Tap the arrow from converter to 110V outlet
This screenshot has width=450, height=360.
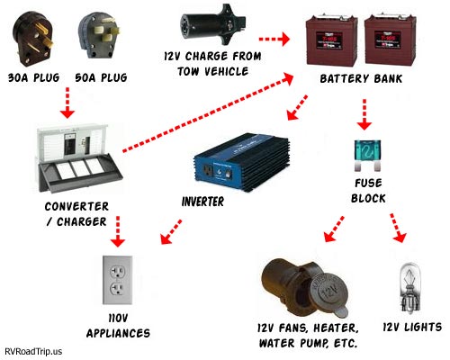click(115, 236)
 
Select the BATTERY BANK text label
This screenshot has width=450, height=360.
click(362, 80)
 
